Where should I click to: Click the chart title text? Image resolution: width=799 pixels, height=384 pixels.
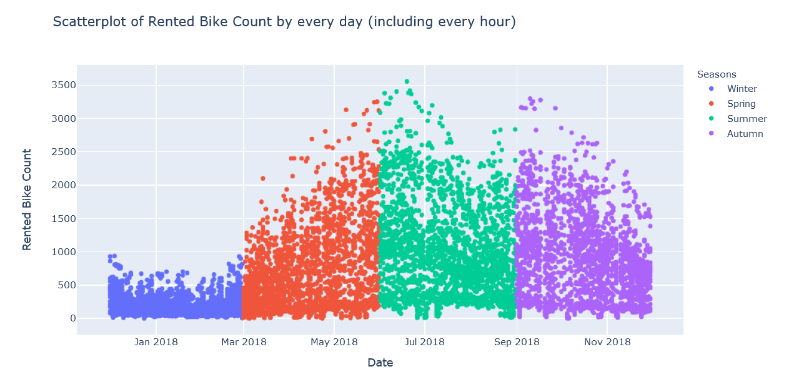[x=284, y=22]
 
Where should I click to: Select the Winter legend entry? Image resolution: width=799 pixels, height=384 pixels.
[x=742, y=89]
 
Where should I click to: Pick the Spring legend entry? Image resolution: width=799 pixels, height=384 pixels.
[x=741, y=104]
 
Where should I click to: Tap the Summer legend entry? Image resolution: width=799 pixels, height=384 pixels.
[x=747, y=119]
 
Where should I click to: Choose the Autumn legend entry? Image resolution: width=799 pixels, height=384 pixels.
[x=745, y=134]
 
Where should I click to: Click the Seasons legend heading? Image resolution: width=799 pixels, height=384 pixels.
[x=717, y=74]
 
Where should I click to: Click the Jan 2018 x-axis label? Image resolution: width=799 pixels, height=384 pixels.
[x=156, y=341]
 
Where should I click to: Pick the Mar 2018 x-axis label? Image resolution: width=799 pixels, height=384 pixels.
[x=244, y=341]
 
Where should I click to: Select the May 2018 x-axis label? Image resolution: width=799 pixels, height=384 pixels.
[x=334, y=341]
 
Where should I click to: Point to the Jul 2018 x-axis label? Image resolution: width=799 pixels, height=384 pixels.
[x=425, y=341]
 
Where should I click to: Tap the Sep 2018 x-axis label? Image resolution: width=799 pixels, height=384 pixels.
[x=517, y=341]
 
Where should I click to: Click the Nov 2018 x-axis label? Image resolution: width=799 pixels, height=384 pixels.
[x=607, y=341]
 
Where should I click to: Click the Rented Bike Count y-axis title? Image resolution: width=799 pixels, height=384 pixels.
[x=27, y=200]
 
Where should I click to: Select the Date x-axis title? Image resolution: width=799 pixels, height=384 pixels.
[x=380, y=363]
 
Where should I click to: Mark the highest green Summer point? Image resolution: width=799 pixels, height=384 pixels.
[x=407, y=81]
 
